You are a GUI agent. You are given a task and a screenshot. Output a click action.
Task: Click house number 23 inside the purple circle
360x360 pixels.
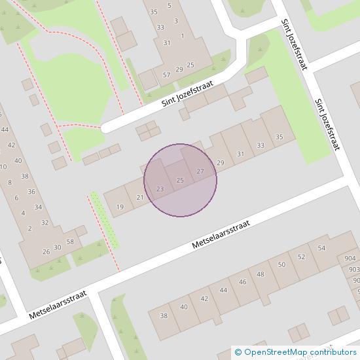160,189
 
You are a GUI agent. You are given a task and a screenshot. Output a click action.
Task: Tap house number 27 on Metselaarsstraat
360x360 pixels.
200,171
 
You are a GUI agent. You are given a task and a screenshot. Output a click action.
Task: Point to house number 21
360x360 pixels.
139,198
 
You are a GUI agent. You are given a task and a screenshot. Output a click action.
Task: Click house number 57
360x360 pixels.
166,75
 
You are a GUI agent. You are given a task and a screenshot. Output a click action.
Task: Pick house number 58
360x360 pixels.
70,242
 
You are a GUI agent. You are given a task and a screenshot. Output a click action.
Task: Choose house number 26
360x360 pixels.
46,252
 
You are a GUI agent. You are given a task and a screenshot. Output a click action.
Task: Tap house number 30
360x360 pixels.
58,247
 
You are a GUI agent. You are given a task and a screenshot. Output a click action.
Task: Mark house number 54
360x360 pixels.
321,248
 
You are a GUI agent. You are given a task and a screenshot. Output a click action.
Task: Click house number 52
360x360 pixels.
301,257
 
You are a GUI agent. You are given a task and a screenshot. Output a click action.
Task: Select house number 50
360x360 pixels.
281,264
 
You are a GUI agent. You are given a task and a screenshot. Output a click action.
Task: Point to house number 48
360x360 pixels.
261,274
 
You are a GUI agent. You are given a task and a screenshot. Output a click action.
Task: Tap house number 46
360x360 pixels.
242,282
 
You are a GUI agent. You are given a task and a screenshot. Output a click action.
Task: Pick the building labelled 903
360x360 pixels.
354,270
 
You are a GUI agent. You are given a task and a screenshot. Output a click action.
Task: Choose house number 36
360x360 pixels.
31,191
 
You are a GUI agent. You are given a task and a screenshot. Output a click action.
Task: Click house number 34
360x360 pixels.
38,207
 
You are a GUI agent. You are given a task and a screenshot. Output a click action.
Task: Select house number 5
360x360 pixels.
170,5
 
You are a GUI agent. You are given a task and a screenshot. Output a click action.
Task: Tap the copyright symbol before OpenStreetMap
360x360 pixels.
238,353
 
